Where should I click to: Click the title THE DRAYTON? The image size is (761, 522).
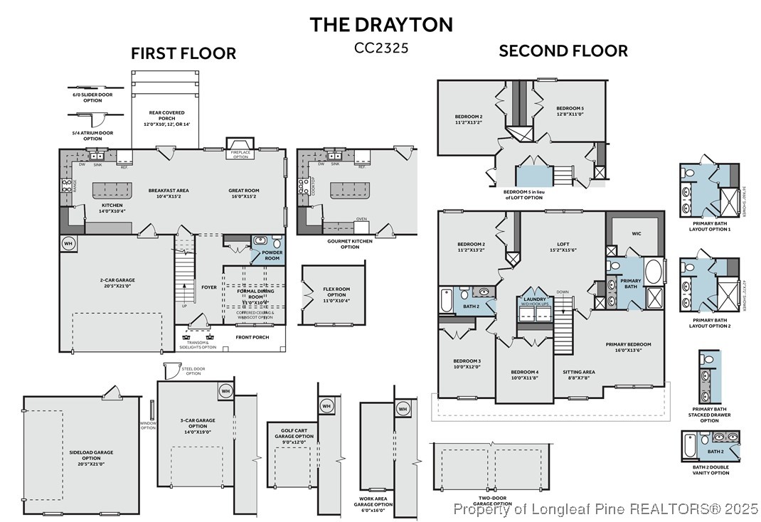click(380, 24)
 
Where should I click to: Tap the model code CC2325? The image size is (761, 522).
click(380, 48)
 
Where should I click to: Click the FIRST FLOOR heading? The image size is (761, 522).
click(183, 53)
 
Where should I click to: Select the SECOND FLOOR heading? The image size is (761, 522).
click(563, 50)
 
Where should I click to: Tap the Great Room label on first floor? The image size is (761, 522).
click(244, 193)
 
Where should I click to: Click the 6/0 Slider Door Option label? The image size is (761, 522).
click(87, 97)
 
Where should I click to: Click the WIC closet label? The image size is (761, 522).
click(635, 232)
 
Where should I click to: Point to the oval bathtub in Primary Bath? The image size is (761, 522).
click(654, 272)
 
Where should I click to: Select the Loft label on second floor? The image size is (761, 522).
click(563, 247)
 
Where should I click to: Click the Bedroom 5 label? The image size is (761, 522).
click(570, 111)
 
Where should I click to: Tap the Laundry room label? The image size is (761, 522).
click(534, 300)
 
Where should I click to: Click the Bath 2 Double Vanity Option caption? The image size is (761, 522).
click(709, 469)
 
